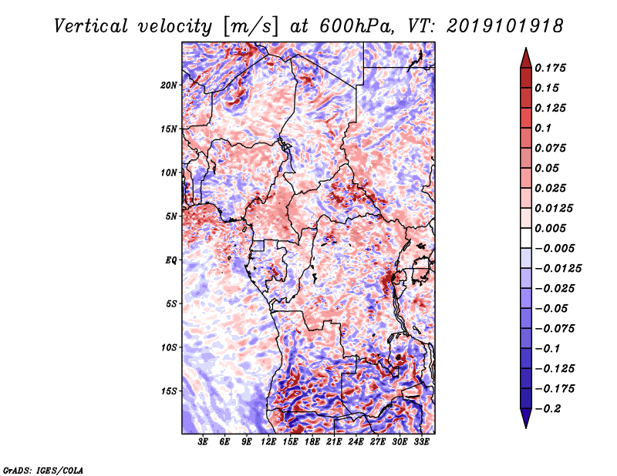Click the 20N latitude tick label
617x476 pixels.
(169, 85)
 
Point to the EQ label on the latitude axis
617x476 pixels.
(170, 260)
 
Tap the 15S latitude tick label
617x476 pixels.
(169, 391)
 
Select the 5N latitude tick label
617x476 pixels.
(171, 216)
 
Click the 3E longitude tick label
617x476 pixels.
(203, 442)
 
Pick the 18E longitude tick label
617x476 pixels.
(312, 442)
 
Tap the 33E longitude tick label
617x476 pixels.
(421, 442)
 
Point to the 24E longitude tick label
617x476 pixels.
(356, 442)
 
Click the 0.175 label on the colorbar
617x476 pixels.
(550, 68)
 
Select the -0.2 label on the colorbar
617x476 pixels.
(548, 409)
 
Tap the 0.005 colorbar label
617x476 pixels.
(550, 228)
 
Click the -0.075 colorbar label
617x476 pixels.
(555, 329)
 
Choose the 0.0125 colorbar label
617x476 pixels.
(554, 208)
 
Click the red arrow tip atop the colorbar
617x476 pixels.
(526, 49)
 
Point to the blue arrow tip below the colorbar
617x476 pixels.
(526, 427)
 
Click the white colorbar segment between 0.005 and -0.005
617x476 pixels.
(526, 238)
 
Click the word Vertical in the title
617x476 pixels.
(91, 26)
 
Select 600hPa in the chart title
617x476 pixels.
(356, 26)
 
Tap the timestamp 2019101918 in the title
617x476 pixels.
(505, 26)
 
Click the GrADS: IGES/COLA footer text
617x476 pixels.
(43, 471)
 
